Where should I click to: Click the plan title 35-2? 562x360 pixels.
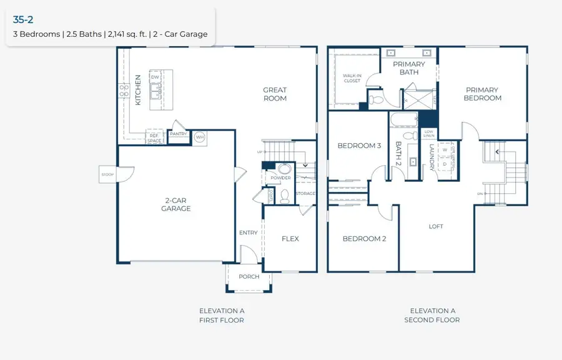(x=23, y=20)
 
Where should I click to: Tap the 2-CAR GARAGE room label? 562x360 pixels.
(x=176, y=204)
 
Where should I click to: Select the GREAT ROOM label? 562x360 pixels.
(x=275, y=94)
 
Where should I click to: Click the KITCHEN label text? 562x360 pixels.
(x=139, y=90)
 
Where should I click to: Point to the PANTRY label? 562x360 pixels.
(x=179, y=134)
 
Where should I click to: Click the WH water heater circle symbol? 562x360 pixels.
(x=200, y=137)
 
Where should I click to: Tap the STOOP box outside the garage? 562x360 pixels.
(x=107, y=174)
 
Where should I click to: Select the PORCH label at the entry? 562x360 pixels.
(x=249, y=277)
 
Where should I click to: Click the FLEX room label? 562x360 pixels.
(x=290, y=239)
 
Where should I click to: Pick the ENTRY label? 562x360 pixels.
(x=248, y=232)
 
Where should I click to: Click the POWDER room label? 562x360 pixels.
(x=281, y=178)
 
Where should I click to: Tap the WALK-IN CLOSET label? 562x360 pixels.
(x=352, y=78)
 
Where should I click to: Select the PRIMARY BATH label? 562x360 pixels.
(x=409, y=68)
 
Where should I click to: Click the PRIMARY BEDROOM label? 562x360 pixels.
(x=483, y=94)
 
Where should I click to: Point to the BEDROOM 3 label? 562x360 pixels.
(x=359, y=146)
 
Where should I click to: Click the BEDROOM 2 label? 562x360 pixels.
(x=364, y=239)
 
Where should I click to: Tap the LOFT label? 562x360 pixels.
(x=436, y=226)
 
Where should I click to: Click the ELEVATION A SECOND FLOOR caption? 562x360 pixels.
(x=432, y=315)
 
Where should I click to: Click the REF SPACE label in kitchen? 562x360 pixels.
(x=154, y=137)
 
